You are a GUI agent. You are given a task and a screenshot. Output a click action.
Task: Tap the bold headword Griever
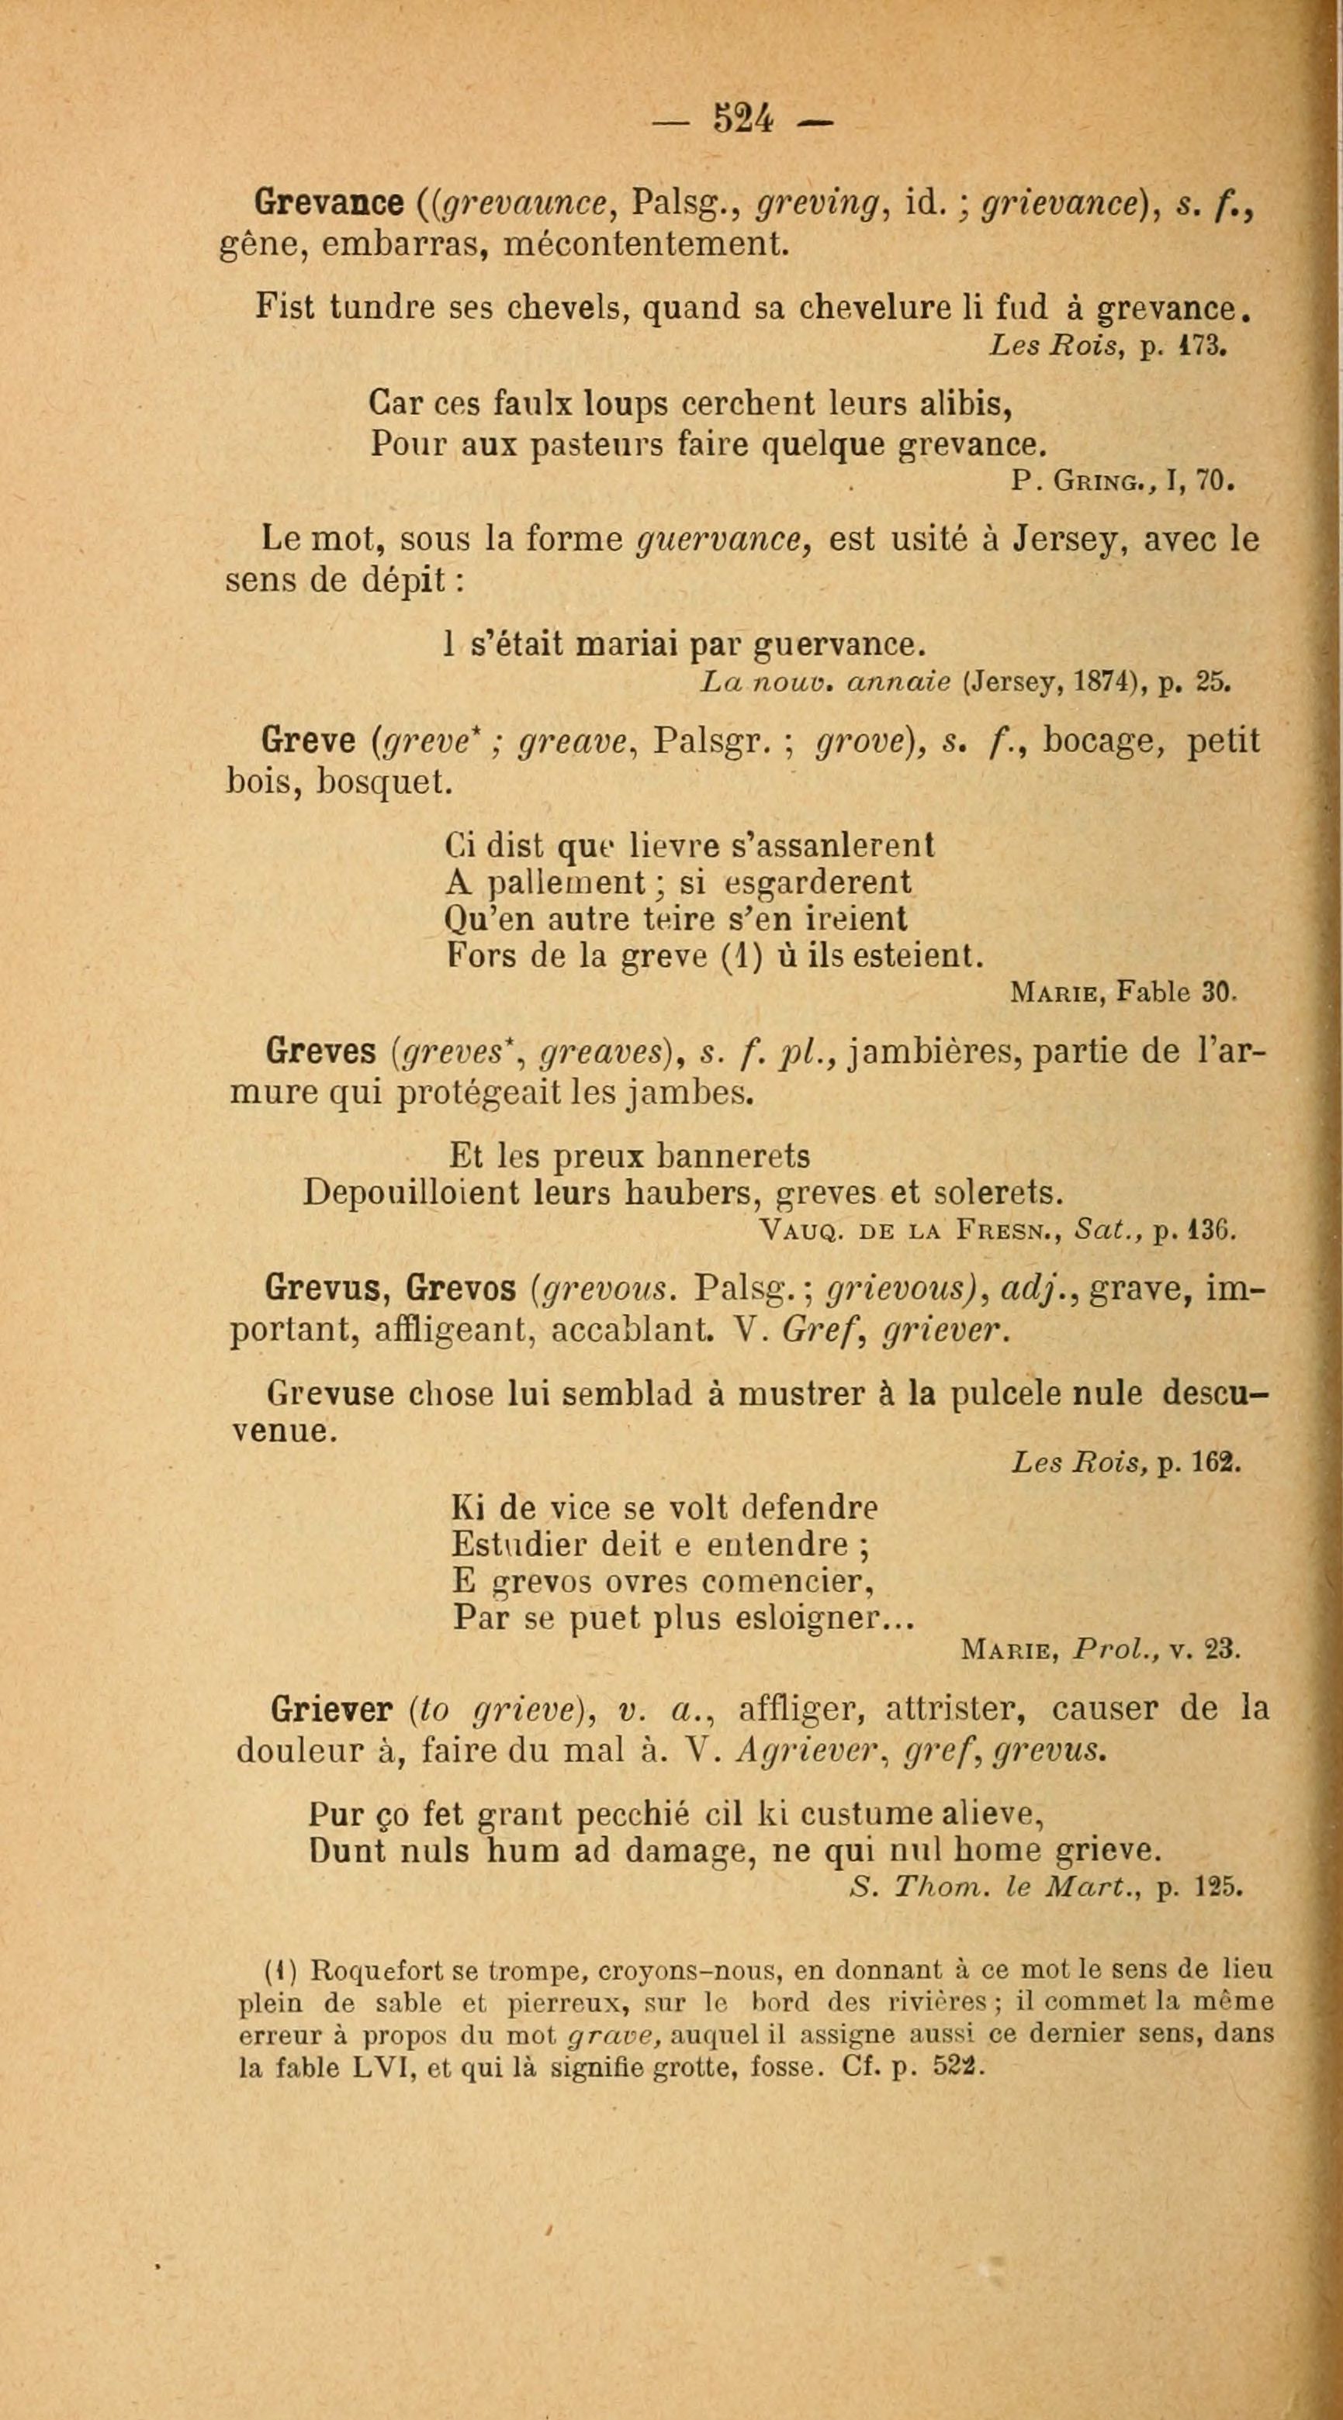pyautogui.click(x=330, y=1709)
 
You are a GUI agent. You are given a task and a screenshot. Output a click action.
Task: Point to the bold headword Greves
pyautogui.click(x=320, y=1051)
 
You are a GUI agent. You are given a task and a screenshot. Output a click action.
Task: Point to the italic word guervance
pyautogui.click(x=724, y=541)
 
